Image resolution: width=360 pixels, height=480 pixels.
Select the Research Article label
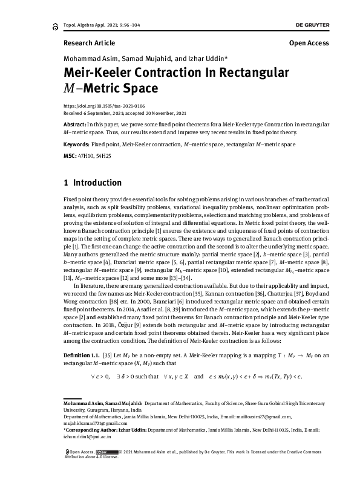click(x=88, y=44)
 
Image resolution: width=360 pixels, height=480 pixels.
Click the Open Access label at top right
click(x=309, y=44)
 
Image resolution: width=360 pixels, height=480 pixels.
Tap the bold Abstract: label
click(x=74, y=123)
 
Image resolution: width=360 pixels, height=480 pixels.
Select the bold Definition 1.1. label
click(x=81, y=357)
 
